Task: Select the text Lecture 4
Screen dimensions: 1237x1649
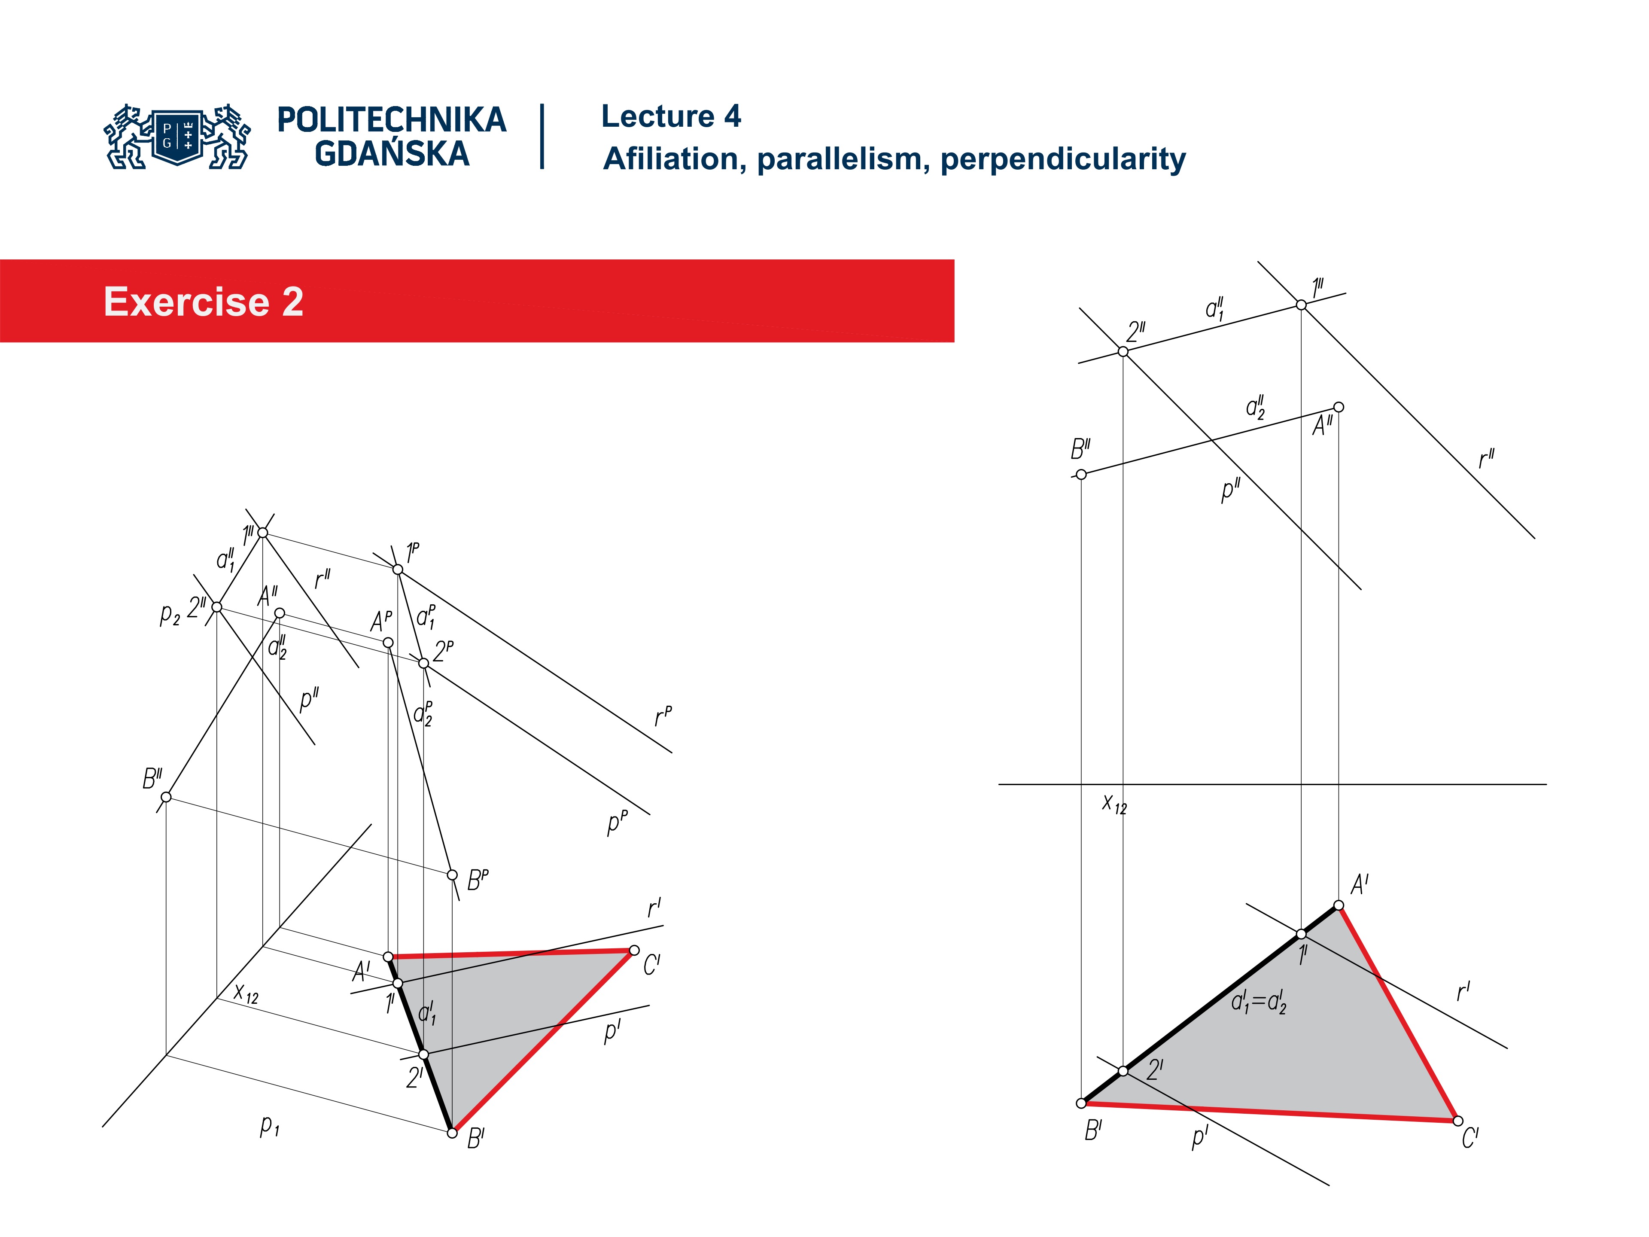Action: (x=670, y=116)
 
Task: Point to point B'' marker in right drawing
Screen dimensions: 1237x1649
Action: (x=1081, y=474)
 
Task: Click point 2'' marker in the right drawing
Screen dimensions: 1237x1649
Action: (x=1123, y=352)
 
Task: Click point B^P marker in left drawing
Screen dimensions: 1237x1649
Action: (x=452, y=874)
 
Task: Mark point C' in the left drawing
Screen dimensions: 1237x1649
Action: (x=634, y=950)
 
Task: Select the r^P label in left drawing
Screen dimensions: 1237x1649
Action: (x=662, y=716)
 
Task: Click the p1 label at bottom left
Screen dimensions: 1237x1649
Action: (x=269, y=1125)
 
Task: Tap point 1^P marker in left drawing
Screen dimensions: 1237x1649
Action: (x=397, y=570)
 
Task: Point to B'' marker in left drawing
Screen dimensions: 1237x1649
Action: (x=166, y=797)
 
